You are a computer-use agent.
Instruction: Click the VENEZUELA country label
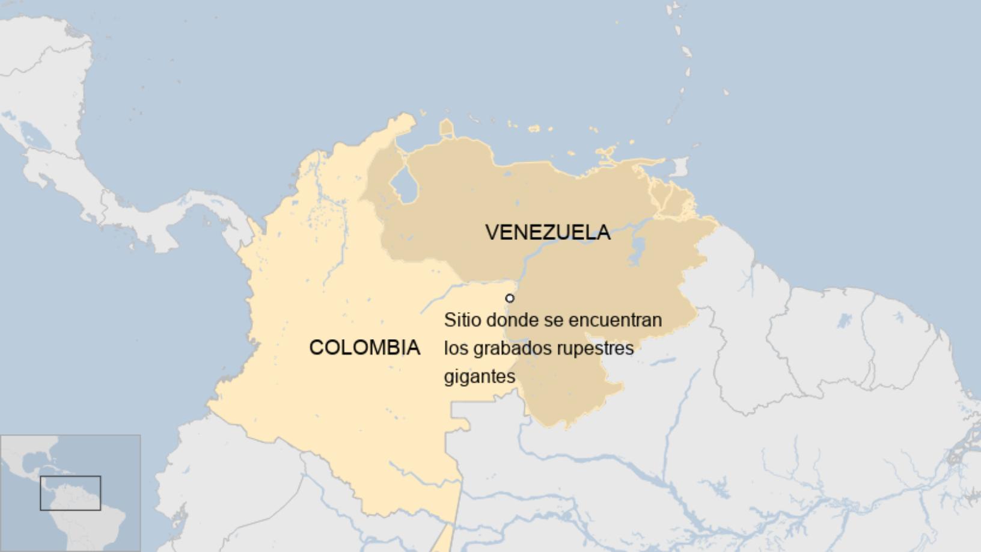(548, 232)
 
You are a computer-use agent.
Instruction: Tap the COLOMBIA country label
(364, 348)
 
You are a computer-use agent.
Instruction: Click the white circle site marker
(510, 298)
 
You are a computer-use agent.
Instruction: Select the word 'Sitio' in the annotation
(463, 320)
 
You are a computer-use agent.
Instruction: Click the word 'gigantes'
(480, 377)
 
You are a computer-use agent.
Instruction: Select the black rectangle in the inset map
(70, 493)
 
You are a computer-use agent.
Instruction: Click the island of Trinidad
(679, 167)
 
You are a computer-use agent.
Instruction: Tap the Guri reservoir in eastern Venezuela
(637, 250)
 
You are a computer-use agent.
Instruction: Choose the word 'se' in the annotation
(554, 320)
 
